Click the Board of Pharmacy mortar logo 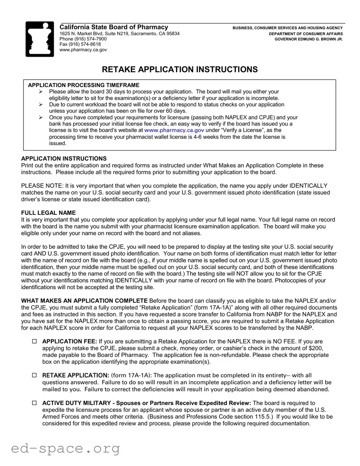[x=40, y=39]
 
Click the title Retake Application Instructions [x=180, y=69]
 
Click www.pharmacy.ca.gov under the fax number [x=83, y=50]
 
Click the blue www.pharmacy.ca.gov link [x=174, y=130]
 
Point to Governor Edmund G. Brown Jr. [x=308, y=39]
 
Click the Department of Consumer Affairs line [x=306, y=34]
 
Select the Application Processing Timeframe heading [x=84, y=85]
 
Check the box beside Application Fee [x=34, y=342]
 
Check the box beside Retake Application [x=34, y=376]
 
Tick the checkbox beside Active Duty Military [x=34, y=403]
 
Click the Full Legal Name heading [x=48, y=213]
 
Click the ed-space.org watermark [x=65, y=448]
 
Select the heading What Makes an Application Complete [x=84, y=301]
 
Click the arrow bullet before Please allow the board [x=41, y=92]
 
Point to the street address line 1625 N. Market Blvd [x=119, y=34]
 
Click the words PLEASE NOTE [x=42, y=186]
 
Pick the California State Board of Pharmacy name [x=114, y=27]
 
